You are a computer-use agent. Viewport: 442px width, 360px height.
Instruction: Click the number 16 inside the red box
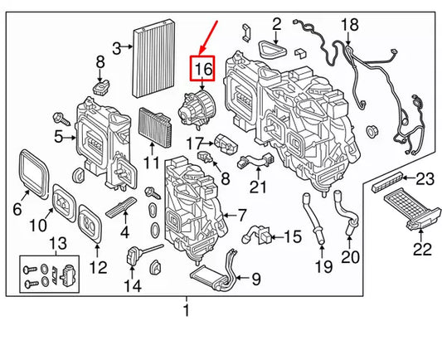[203, 69]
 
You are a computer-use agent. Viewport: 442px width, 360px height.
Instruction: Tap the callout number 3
[118, 46]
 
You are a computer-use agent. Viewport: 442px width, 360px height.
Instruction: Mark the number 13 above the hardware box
[56, 241]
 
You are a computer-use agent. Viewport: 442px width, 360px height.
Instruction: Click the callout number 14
[133, 287]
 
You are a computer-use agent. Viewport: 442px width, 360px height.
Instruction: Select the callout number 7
[242, 214]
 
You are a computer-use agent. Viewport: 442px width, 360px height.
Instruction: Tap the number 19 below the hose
[323, 266]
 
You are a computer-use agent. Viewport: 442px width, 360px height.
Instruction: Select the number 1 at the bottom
[186, 311]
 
